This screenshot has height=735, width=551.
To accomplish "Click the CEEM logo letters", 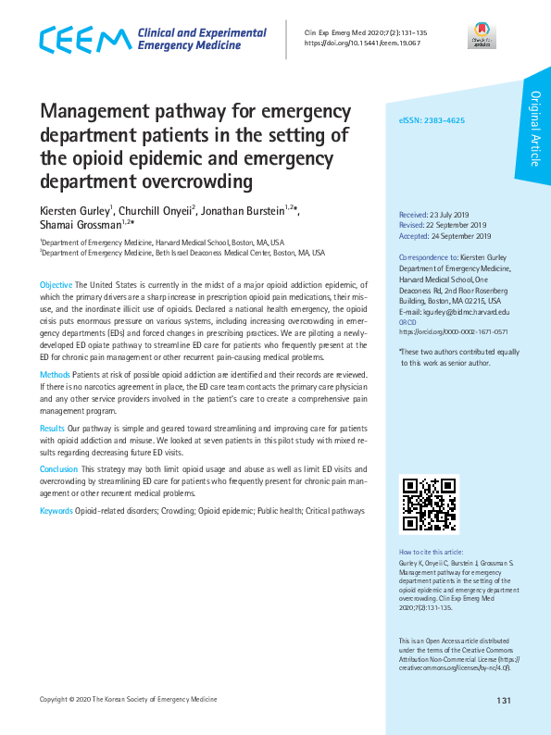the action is click(84, 40).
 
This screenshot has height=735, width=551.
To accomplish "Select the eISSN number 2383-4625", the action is click(442, 121).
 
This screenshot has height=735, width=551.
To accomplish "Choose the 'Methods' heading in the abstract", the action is click(55, 374).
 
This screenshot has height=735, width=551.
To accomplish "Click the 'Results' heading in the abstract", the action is click(52, 430).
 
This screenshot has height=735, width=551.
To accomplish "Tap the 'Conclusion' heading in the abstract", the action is click(58, 469).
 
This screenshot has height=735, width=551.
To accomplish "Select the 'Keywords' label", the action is click(56, 510).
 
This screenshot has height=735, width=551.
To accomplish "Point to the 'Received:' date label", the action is click(413, 213).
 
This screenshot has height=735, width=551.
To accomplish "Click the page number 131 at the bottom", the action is click(504, 700).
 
